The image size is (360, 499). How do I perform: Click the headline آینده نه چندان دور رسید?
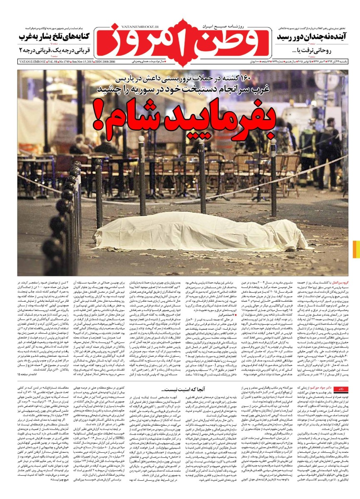pos(310,37)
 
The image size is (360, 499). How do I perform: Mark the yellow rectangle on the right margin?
pos(356,249)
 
